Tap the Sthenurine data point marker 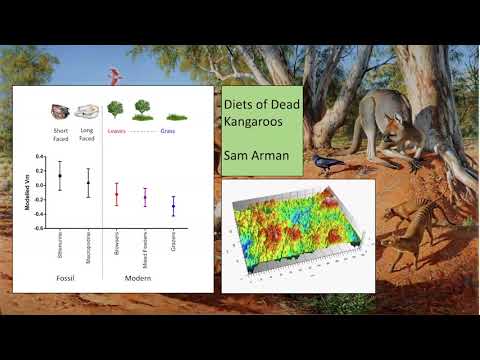coord(60,176)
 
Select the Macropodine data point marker coord(88,183)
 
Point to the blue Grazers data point coord(173,207)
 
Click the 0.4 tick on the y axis coord(37,157)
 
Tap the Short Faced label coord(60,133)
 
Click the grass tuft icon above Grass coord(176,117)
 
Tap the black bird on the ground coord(327,161)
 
